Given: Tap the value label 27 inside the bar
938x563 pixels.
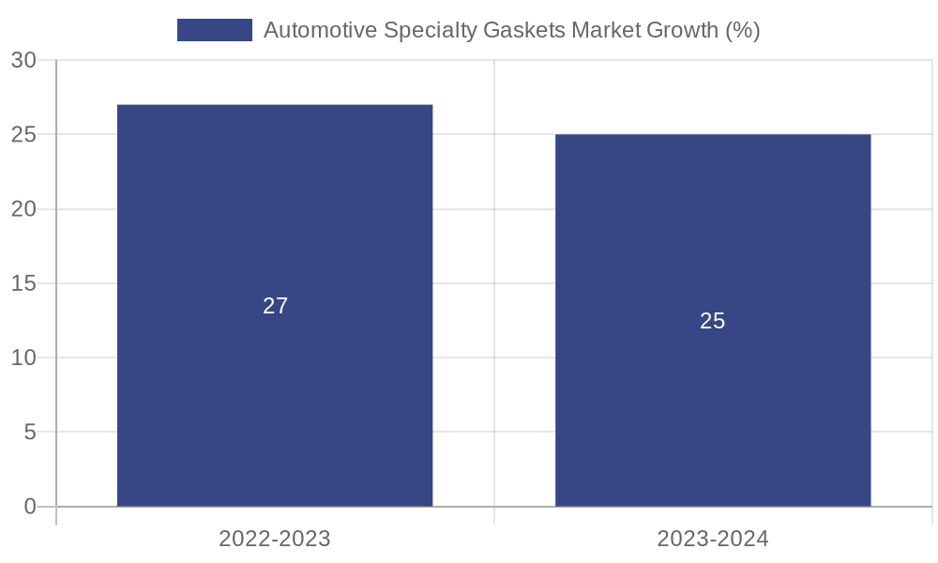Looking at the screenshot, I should tap(275, 306).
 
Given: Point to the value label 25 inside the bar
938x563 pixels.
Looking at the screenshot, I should tap(713, 321).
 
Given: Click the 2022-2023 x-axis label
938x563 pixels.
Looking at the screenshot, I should tap(275, 540).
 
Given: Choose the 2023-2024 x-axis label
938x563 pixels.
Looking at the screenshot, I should tap(713, 540).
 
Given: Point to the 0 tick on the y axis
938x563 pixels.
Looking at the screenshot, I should tap(29, 507).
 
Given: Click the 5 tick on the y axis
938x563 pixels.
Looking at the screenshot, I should tap(29, 433).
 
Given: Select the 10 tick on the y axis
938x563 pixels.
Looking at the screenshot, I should tap(23, 358).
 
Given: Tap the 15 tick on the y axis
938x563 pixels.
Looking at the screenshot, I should tap(23, 283).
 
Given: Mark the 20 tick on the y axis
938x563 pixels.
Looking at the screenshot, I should tap(23, 209).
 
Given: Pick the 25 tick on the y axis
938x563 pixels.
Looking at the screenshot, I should tap(23, 135).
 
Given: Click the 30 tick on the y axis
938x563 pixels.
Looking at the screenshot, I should tap(23, 61).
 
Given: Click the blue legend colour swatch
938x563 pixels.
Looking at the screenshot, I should tap(215, 30).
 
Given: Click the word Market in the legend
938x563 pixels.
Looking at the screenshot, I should tap(606, 30).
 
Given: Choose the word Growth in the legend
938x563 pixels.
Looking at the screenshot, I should tap(683, 30).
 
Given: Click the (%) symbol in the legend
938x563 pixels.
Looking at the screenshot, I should tap(743, 30).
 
